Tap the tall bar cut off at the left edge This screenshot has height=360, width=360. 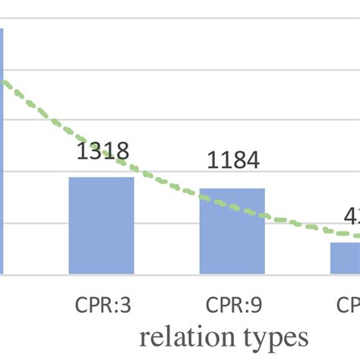[2, 152]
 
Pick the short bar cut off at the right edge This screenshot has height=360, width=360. [345, 258]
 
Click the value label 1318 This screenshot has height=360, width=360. [103, 151]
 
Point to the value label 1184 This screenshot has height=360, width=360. [233, 160]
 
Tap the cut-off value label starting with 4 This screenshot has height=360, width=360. [352, 216]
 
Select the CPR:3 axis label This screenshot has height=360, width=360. [102, 305]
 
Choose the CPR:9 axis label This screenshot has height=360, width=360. [232, 305]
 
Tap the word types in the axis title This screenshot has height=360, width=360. [278, 336]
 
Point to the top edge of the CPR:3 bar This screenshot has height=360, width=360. [101, 178]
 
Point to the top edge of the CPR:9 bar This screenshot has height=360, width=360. [232, 189]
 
